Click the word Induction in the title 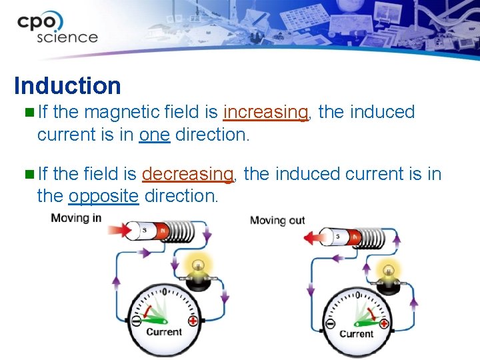pyautogui.click(x=67, y=86)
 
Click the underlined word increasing pyautogui.click(x=266, y=112)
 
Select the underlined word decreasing pyautogui.click(x=187, y=174)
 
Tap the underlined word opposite pyautogui.click(x=103, y=196)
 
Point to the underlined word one pyautogui.click(x=155, y=135)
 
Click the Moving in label pyautogui.click(x=77, y=218)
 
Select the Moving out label pyautogui.click(x=277, y=220)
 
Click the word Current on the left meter pyautogui.click(x=163, y=331)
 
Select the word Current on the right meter pyautogui.click(x=357, y=333)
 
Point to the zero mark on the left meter pyautogui.click(x=165, y=291)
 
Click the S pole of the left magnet pyautogui.click(x=145, y=231)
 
